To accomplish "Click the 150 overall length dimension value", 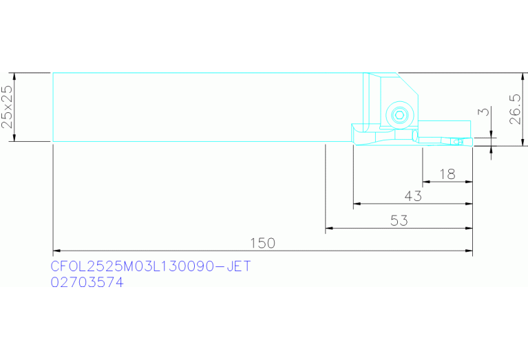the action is [263, 243].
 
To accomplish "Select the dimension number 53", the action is [399, 220].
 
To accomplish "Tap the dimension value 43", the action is [413, 196].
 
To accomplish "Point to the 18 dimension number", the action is [447, 174].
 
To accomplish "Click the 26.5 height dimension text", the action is [515, 109].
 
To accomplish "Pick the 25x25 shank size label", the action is [7, 107].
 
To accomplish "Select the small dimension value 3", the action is [485, 111].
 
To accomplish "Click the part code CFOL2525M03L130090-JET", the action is [151, 266].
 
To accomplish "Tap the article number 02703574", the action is [87, 282].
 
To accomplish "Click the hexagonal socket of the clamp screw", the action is [399, 115].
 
